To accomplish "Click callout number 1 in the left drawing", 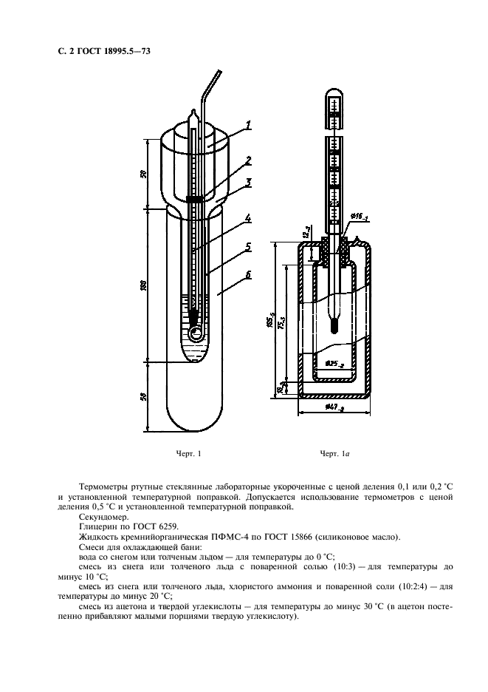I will (250, 126).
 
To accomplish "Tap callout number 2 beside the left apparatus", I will (250, 160).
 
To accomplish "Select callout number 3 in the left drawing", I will (250, 181).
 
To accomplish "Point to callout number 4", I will (249, 219).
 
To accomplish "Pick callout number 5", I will (249, 247).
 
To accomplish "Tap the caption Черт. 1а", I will (334, 453).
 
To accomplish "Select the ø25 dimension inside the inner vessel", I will (334, 364).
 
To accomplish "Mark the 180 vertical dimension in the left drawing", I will (145, 285).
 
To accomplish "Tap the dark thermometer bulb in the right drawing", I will (334, 324).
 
